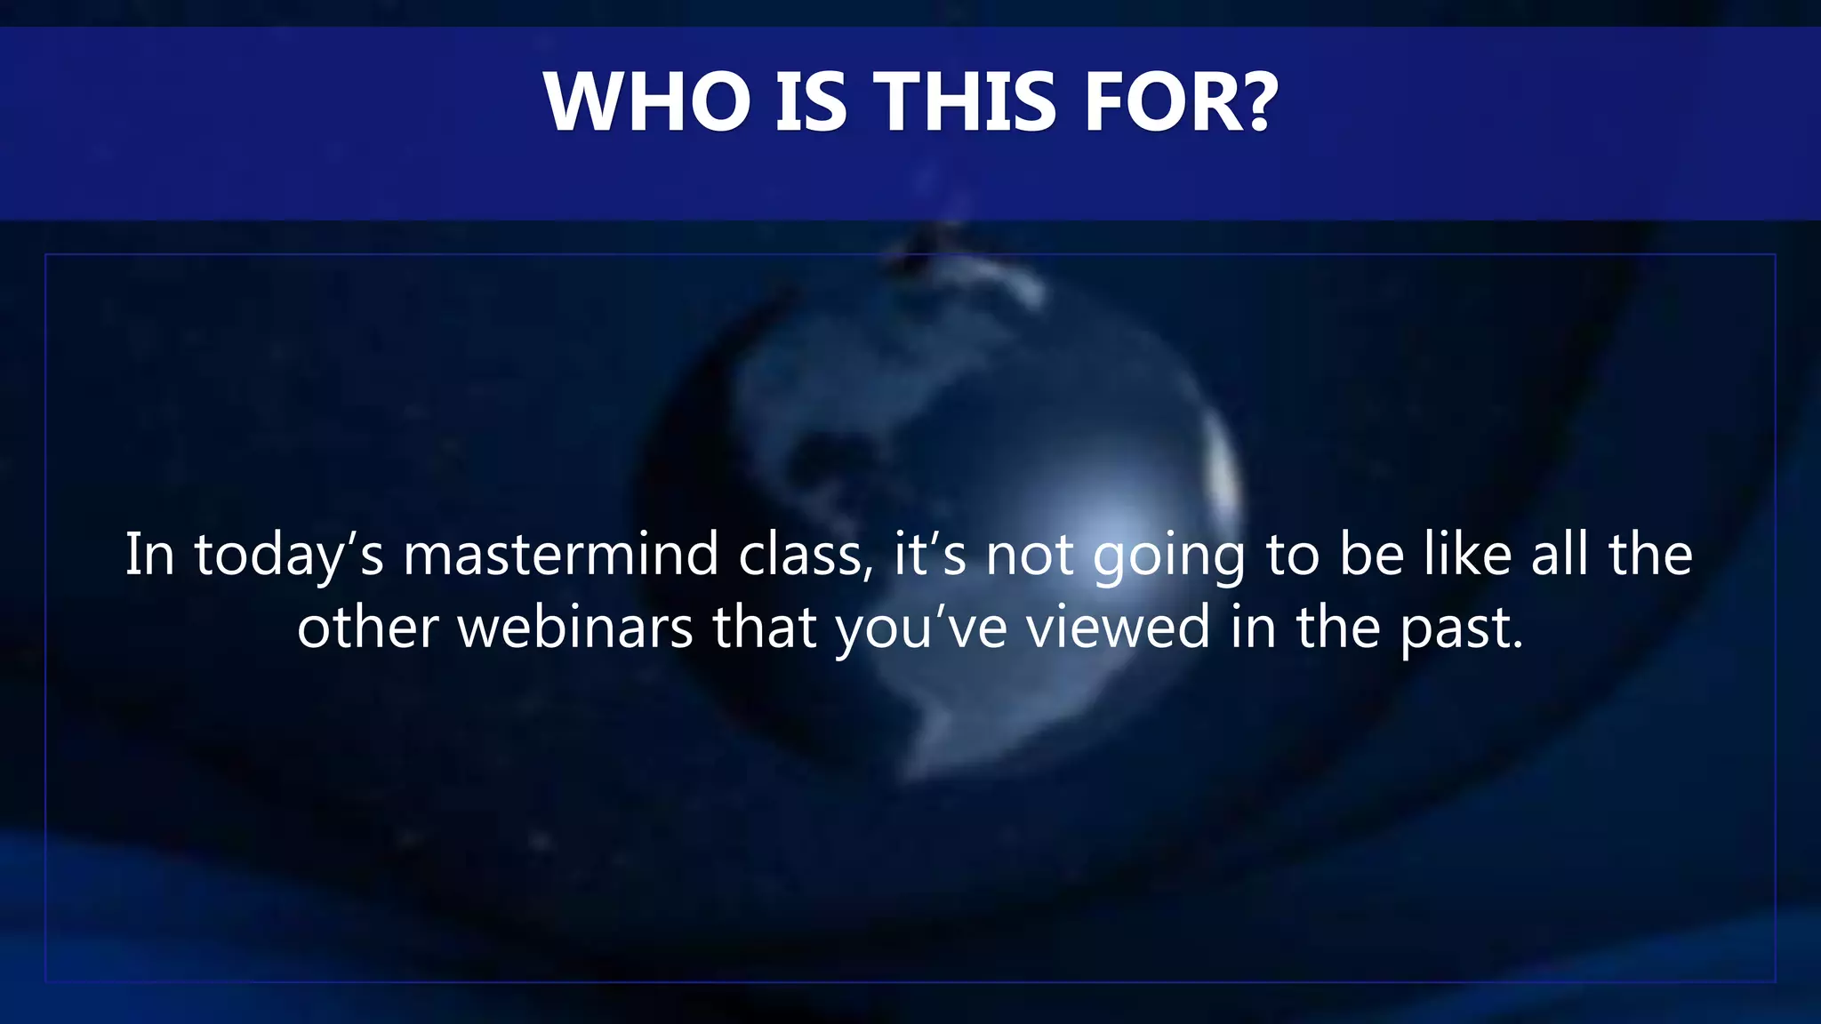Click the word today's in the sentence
(289, 556)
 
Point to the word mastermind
(561, 554)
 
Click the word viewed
(1119, 627)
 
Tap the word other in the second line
(368, 627)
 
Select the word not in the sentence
(1029, 554)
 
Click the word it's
(929, 554)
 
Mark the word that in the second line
(765, 627)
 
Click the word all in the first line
(1560, 554)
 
